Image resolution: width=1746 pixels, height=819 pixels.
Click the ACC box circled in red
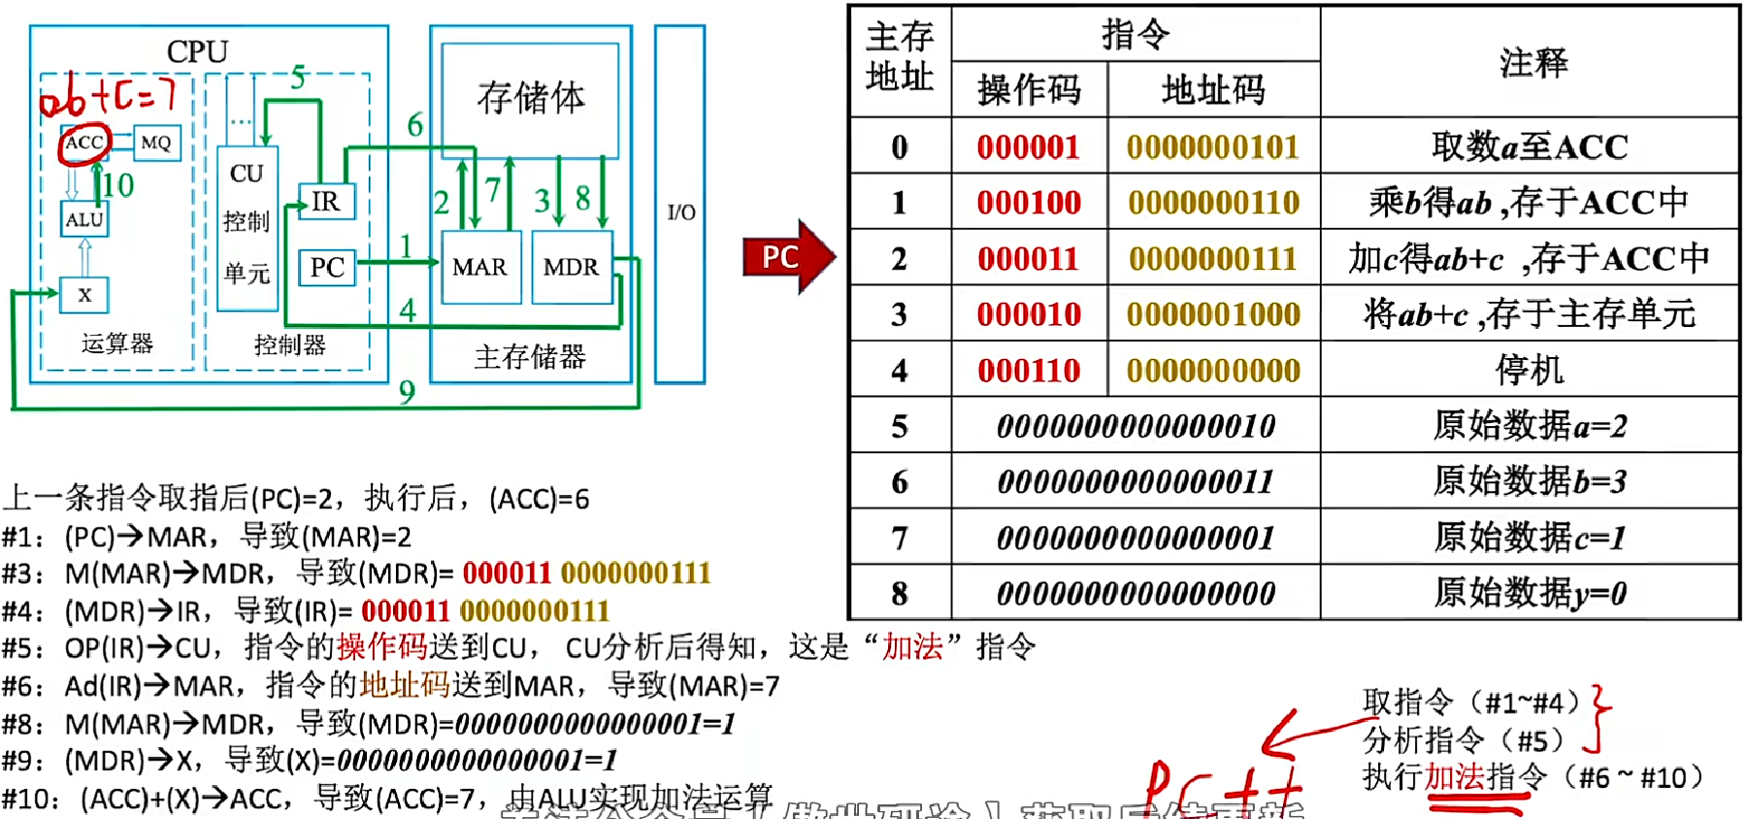pyautogui.click(x=84, y=143)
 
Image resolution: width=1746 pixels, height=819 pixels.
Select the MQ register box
pyautogui.click(x=155, y=144)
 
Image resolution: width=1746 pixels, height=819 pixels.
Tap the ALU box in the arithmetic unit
pyautogui.click(x=84, y=219)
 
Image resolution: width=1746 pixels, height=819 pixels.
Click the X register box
pyautogui.click(x=84, y=295)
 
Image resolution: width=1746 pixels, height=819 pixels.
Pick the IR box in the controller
pyautogui.click(x=326, y=202)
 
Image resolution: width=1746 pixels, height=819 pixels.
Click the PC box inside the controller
pyautogui.click(x=327, y=267)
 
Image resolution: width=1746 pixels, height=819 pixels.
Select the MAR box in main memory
pyautogui.click(x=479, y=267)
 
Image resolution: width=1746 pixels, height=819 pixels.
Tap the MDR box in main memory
pyautogui.click(x=571, y=267)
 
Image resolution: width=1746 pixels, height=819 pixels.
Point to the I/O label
pyautogui.click(x=680, y=213)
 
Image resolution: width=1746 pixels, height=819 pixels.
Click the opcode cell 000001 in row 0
pyautogui.click(x=1028, y=147)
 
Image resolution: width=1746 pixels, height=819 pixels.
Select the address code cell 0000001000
pyautogui.click(x=1213, y=314)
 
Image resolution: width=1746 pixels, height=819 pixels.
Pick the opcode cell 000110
pyautogui.click(x=1028, y=370)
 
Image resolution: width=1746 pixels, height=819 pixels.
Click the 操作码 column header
pyautogui.click(x=1029, y=90)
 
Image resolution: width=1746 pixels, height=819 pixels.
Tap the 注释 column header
pyautogui.click(x=1532, y=63)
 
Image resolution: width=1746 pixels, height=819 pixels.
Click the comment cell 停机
pyautogui.click(x=1531, y=370)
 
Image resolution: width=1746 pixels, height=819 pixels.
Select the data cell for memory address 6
pyautogui.click(x=1136, y=481)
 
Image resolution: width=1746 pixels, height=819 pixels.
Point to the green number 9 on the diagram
pyautogui.click(x=407, y=392)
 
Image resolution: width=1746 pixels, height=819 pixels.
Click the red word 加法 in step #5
pyautogui.click(x=912, y=647)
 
